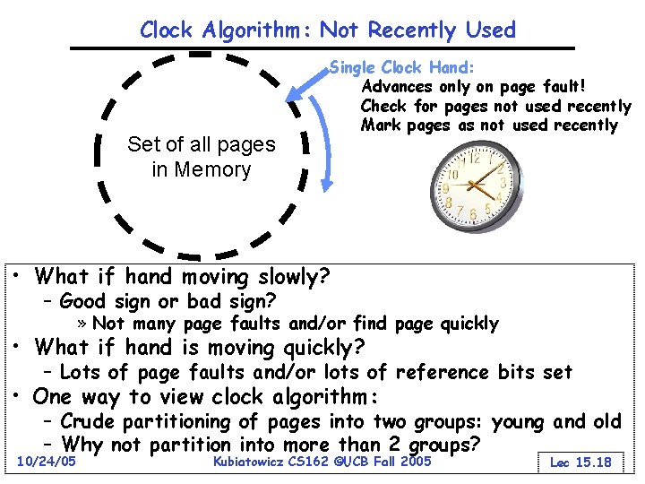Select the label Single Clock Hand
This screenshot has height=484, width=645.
click(402, 67)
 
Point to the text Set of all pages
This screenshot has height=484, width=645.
click(202, 143)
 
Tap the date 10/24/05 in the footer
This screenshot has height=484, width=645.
click(46, 461)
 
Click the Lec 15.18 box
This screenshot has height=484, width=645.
click(580, 462)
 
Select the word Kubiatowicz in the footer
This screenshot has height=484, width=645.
click(254, 461)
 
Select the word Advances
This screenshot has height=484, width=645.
click(395, 87)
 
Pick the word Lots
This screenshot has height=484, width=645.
click(80, 372)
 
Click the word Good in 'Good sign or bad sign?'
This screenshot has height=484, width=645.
click(82, 301)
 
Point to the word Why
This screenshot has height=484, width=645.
click(82, 445)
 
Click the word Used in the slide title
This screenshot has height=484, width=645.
click(490, 30)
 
